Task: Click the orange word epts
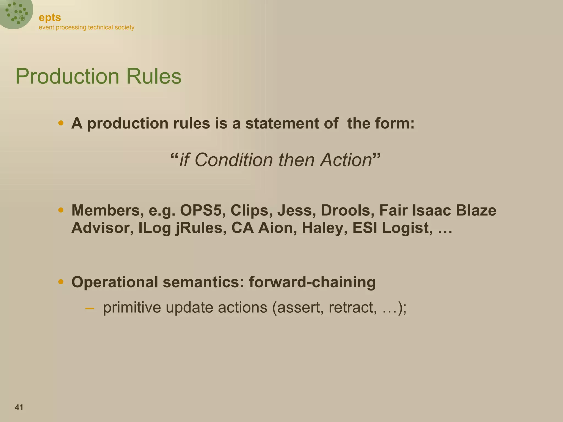(x=50, y=18)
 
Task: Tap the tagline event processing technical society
(x=86, y=27)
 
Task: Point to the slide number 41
(x=19, y=407)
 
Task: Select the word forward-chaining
(x=312, y=282)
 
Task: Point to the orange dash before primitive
(x=90, y=308)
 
